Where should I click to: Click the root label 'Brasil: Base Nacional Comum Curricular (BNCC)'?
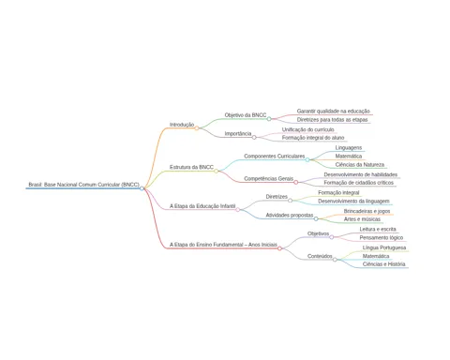pyautogui.click(x=83, y=185)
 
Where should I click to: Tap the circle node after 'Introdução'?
pyautogui.click(x=197, y=128)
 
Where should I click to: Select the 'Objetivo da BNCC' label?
pyautogui.click(x=246, y=115)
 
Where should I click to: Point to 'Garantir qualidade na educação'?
pyautogui.click(x=333, y=112)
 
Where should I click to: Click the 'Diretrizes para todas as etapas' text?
pyautogui.click(x=332, y=120)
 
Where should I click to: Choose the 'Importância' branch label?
pyautogui.click(x=238, y=134)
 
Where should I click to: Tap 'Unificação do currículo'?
pyautogui.click(x=307, y=129)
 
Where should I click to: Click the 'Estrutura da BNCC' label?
pyautogui.click(x=191, y=167)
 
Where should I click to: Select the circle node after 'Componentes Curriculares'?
pyautogui.click(x=307, y=159)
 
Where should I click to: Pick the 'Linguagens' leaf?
pyautogui.click(x=349, y=148)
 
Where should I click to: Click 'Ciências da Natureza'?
pyautogui.click(x=360, y=165)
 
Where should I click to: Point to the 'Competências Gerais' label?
pyautogui.click(x=268, y=179)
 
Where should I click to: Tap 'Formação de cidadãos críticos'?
pyautogui.click(x=358, y=183)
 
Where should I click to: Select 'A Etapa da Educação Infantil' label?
pyautogui.click(x=202, y=206)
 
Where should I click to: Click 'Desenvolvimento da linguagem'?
pyautogui.click(x=353, y=202)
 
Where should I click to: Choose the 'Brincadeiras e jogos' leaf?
pyautogui.click(x=367, y=211)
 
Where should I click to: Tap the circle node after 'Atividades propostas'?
pyautogui.click(x=316, y=218)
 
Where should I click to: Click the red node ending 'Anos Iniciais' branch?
pyautogui.click(x=279, y=248)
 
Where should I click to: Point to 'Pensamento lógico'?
pyautogui.click(x=382, y=238)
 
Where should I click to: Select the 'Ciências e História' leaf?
pyautogui.click(x=383, y=264)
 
